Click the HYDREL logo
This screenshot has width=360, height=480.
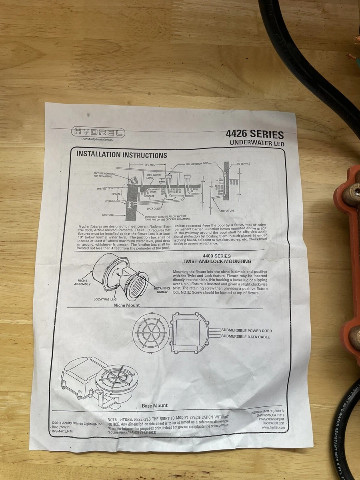click(x=98, y=132)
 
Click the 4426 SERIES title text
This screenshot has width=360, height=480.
click(x=254, y=135)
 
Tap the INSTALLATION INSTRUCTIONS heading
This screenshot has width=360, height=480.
click(x=122, y=154)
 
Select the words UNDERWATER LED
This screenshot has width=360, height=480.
click(x=257, y=143)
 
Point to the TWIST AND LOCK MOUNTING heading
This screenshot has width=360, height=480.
click(x=217, y=262)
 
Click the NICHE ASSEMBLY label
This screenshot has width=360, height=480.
click(x=82, y=282)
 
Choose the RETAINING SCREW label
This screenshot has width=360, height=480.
click(x=162, y=290)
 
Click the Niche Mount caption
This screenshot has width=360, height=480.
click(x=126, y=306)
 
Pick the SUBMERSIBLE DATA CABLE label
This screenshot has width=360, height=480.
click(x=246, y=337)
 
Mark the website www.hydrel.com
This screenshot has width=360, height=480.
click(x=273, y=427)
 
